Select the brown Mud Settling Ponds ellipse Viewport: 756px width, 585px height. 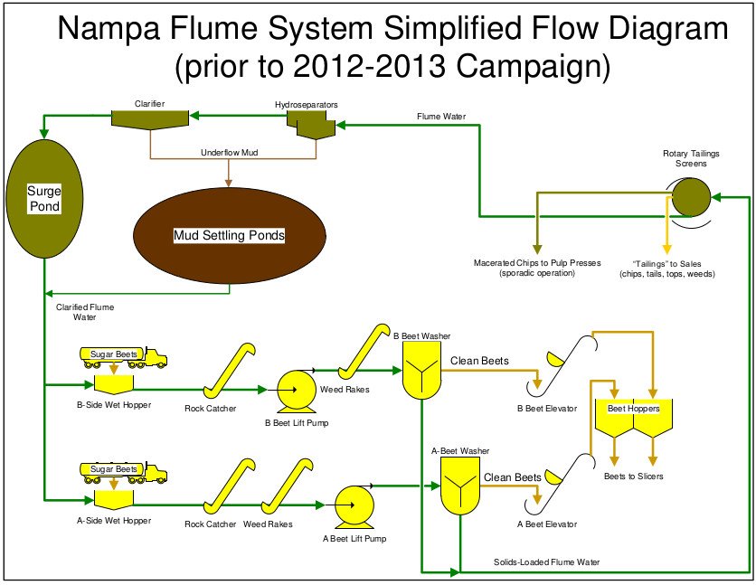click(228, 234)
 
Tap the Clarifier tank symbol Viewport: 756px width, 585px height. click(149, 119)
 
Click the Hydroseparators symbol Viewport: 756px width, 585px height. click(307, 127)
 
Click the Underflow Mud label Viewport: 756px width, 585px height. click(229, 153)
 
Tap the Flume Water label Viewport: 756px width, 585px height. click(441, 117)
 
